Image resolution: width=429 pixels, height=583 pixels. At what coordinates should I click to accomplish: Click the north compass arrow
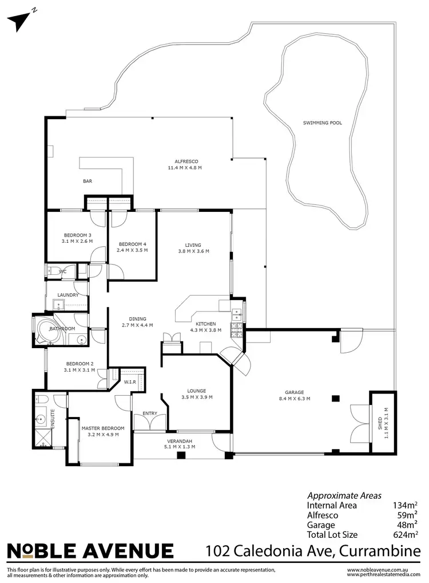tap(19, 20)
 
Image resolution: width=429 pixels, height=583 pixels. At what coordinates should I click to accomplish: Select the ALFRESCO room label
tap(185, 161)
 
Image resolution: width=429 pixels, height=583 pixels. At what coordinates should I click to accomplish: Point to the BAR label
tap(88, 181)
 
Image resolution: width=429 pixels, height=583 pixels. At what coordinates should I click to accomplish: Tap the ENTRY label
tap(150, 413)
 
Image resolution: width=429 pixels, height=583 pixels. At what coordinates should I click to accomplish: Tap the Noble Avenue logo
tap(90, 551)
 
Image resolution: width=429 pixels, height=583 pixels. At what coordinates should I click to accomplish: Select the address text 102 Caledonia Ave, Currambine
tap(313, 551)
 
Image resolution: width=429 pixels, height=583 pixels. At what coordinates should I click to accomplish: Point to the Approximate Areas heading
tap(344, 495)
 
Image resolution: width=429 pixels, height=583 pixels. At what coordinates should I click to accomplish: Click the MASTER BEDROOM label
tap(103, 428)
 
